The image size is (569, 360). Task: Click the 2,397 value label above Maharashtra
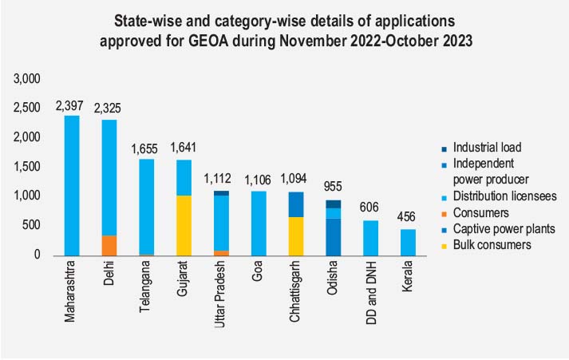point(72,105)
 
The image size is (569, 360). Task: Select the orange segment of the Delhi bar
point(109,246)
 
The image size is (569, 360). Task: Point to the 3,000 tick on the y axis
point(26,79)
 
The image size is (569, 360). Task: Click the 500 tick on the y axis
point(30,226)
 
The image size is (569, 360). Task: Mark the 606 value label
point(369,207)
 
